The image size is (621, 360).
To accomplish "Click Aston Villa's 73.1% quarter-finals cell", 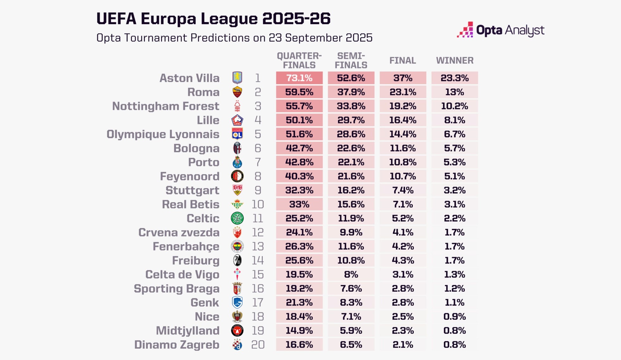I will coord(299,78).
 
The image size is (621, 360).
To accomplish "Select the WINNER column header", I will coord(455,60).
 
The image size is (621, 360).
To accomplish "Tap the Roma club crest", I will coord(237,92).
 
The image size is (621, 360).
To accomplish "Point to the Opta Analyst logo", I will coord(500,30).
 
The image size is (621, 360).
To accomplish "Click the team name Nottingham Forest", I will coord(166,106).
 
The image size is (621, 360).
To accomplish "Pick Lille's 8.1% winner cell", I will coord(455,120).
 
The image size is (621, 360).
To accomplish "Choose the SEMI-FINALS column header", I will coord(351,60).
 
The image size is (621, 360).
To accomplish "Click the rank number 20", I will coord(258,344).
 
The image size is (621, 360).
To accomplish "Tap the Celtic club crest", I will coord(237,218).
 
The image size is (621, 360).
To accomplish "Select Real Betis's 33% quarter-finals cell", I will coord(299,204).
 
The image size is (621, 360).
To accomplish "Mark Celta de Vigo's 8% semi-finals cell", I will coord(351,275).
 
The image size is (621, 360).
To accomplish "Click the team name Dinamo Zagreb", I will coord(177,344).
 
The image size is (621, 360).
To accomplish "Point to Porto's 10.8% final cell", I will coord(403,162).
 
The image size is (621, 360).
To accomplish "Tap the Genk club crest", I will coord(237,302).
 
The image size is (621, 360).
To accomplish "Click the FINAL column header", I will coord(403,60).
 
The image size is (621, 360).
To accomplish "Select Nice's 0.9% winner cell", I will coord(455,317).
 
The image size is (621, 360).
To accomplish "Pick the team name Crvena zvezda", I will coord(179,233).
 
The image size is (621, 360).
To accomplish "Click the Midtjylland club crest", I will coord(237,331).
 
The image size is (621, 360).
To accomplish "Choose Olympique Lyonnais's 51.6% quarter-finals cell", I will coord(299,134).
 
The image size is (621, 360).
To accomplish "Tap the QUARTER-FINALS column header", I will coord(299,60).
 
